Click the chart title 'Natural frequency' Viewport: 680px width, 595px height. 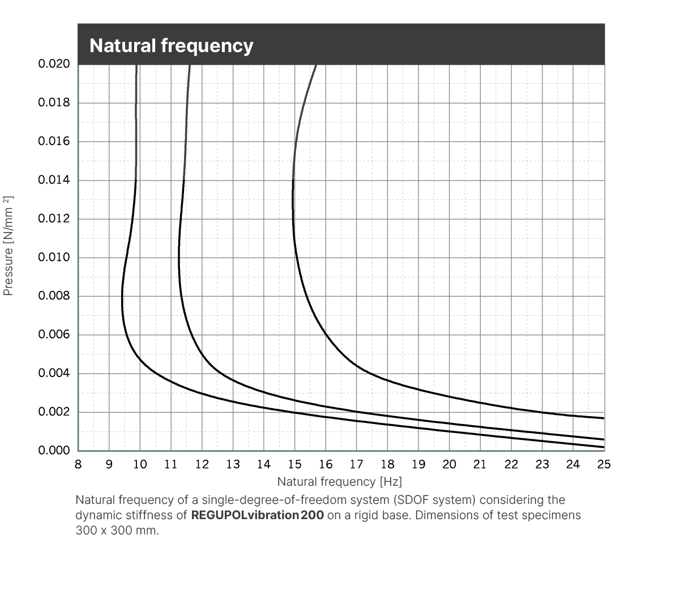pyautogui.click(x=171, y=45)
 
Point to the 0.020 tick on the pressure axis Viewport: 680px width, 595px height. pyautogui.click(x=54, y=64)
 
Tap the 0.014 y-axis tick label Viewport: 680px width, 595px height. pyautogui.click(x=54, y=180)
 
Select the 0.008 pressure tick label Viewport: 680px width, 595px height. pyautogui.click(x=54, y=296)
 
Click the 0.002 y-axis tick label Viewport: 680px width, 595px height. pyautogui.click(x=54, y=412)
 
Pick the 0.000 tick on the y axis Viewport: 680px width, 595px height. pyautogui.click(x=54, y=451)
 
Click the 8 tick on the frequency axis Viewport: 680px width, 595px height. pyautogui.click(x=78, y=465)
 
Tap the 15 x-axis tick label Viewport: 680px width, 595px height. pyautogui.click(x=294, y=465)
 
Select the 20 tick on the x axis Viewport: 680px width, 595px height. pyautogui.click(x=449, y=465)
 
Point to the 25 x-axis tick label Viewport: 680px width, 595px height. pyautogui.click(x=604, y=465)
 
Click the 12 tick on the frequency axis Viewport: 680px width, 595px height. pyautogui.click(x=202, y=465)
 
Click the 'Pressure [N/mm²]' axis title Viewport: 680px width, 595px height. pyautogui.click(x=8, y=246)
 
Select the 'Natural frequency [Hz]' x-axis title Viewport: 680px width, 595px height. pyautogui.click(x=340, y=482)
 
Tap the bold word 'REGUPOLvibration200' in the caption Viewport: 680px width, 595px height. pyautogui.click(x=258, y=516)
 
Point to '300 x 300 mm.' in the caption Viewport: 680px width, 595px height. pyautogui.click(x=118, y=532)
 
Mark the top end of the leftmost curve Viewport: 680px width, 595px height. pyautogui.click(x=136, y=66)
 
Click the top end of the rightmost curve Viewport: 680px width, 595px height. pyautogui.click(x=316, y=66)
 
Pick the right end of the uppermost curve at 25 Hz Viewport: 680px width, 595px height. pyautogui.click(x=604, y=418)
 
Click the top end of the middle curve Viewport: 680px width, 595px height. pyautogui.click(x=190, y=66)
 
